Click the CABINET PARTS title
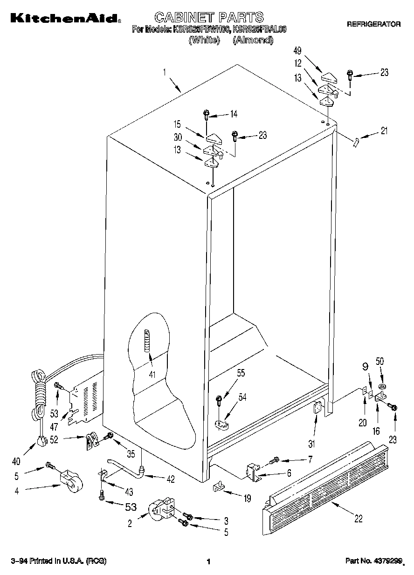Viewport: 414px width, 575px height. coord(209,17)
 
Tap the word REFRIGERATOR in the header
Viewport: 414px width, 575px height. coord(373,24)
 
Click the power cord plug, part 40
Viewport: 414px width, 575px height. coord(42,439)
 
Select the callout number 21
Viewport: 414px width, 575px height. coord(384,131)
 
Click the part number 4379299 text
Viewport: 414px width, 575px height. coord(373,561)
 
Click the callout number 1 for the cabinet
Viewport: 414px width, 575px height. coord(164,72)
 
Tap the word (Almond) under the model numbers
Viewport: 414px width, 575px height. coord(253,40)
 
